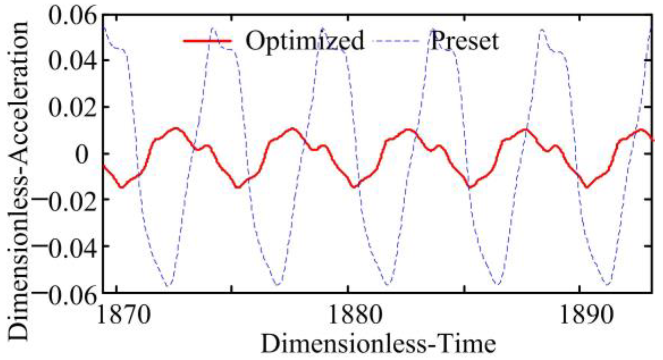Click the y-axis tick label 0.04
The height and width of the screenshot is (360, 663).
click(71, 61)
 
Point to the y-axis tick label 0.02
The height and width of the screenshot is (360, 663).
click(71, 108)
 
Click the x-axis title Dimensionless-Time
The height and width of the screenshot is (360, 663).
click(378, 344)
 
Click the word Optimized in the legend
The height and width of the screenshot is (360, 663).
click(305, 40)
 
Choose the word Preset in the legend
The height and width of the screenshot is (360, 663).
click(465, 40)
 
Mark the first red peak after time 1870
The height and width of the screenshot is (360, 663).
click(176, 129)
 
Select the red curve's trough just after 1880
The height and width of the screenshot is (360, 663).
click(354, 187)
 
